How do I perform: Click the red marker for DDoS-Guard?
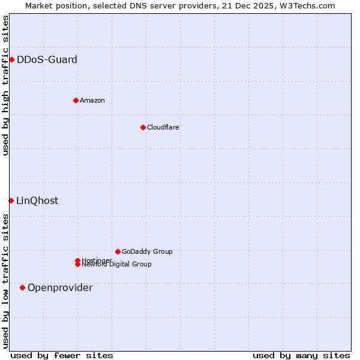pos(11,59)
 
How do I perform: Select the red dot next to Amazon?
pos(76,100)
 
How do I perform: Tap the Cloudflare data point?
pos(143,127)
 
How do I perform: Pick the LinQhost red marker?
pos(11,200)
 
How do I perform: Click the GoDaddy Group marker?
pos(118,251)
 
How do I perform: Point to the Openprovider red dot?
pos(22,287)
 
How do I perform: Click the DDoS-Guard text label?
pos(47,59)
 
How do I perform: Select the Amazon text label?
pos(92,100)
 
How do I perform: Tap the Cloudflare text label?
pos(163,127)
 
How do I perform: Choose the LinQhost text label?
pos(37,200)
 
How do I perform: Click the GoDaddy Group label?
pos(147,251)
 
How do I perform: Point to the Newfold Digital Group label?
pos(116,264)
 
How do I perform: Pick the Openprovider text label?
pos(60,287)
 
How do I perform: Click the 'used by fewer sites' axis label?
pos(62,355)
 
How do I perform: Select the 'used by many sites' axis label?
pos(301,355)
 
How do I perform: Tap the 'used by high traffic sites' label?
pos(5,85)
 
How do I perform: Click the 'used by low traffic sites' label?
pos(5,281)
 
